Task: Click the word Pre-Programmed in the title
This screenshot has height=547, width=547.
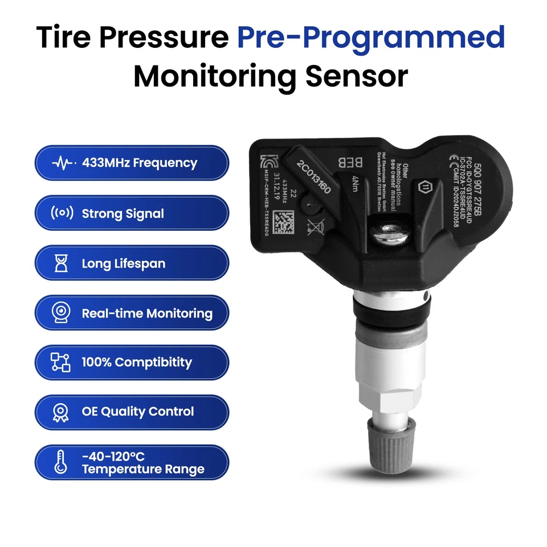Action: pyautogui.click(x=371, y=37)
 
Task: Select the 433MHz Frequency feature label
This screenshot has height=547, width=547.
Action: pyautogui.click(x=139, y=163)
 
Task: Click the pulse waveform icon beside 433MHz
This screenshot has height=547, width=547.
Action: pyautogui.click(x=62, y=164)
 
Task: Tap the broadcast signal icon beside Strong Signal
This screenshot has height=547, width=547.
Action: pyautogui.click(x=62, y=214)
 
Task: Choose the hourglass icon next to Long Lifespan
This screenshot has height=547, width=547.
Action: pyautogui.click(x=62, y=263)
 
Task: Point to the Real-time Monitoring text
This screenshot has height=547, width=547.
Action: pyautogui.click(x=147, y=313)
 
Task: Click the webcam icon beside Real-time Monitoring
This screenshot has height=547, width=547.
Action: pyautogui.click(x=62, y=313)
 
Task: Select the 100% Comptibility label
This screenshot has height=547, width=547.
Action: pyautogui.click(x=137, y=362)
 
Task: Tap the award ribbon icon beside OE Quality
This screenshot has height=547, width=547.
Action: pyautogui.click(x=61, y=412)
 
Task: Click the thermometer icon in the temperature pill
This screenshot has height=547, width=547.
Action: pyautogui.click(x=61, y=462)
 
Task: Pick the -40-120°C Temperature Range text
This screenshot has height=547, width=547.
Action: pyautogui.click(x=142, y=463)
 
